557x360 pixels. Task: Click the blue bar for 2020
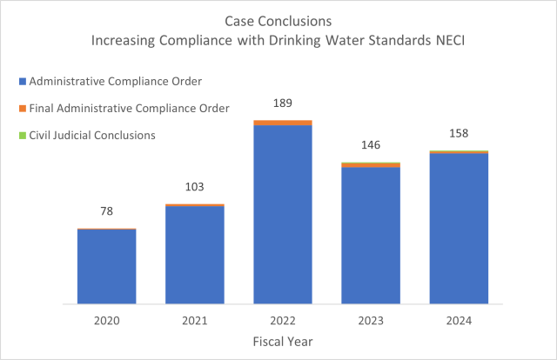click(x=106, y=266)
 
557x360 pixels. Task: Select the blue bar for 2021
click(x=194, y=255)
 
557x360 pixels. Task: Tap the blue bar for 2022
click(x=282, y=215)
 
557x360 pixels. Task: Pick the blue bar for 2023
click(x=370, y=235)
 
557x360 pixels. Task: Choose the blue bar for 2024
click(x=458, y=229)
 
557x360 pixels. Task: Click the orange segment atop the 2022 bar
click(x=282, y=123)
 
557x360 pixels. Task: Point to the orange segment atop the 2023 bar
click(x=370, y=164)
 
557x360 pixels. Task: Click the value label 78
click(x=106, y=211)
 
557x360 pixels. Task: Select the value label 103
click(x=194, y=187)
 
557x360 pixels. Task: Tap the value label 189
click(x=282, y=103)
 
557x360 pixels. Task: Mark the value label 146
click(x=370, y=145)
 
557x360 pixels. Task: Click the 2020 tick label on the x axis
click(x=106, y=321)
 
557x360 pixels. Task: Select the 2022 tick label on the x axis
click(x=282, y=321)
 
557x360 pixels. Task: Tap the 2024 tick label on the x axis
click(x=458, y=321)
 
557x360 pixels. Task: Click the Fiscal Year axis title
click(x=282, y=342)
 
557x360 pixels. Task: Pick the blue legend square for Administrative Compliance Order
click(x=22, y=81)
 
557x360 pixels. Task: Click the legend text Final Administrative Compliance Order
click(x=129, y=108)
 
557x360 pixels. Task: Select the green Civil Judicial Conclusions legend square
click(x=22, y=135)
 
